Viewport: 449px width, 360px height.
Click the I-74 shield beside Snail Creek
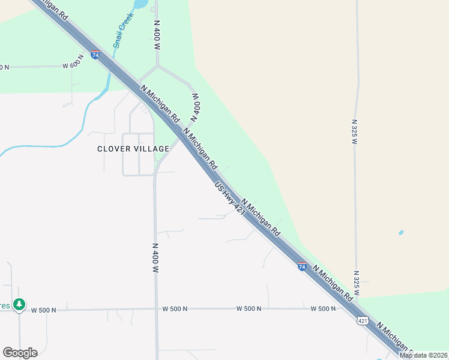point(95,55)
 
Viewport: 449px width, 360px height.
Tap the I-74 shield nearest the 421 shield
point(302,266)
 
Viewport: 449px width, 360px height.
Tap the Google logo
point(20,352)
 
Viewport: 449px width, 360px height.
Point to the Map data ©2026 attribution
point(423,355)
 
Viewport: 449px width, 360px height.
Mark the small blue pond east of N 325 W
point(400,232)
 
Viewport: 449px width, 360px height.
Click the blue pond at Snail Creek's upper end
point(139,4)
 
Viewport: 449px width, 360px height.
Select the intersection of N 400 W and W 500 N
point(156,309)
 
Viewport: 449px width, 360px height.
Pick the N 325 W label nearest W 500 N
point(356,283)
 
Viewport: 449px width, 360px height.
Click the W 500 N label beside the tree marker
point(43,310)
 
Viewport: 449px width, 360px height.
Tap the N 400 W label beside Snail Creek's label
point(157,31)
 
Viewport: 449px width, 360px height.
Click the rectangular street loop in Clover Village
point(138,154)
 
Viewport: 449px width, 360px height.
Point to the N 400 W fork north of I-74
point(157,67)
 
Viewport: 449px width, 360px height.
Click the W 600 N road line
point(36,66)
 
